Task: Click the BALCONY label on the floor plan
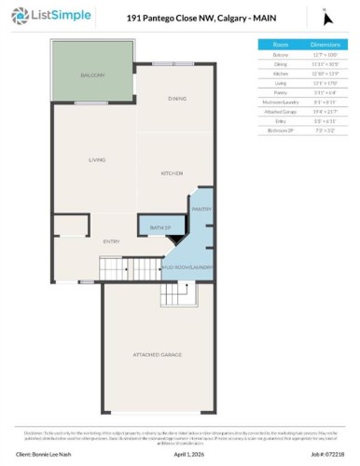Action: (x=91, y=75)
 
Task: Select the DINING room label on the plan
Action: (x=177, y=98)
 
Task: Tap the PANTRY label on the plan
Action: (x=202, y=209)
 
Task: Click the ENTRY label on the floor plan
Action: (x=111, y=241)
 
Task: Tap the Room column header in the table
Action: (x=281, y=44)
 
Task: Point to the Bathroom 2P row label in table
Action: (x=281, y=129)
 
